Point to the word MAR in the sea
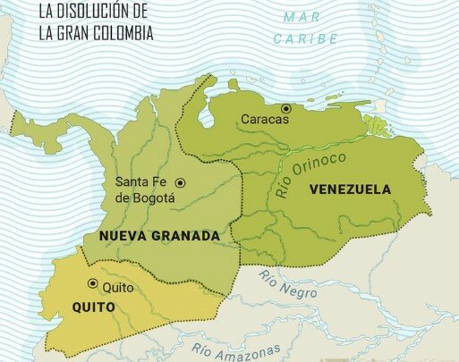click(x=302, y=17)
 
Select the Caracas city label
click(x=264, y=119)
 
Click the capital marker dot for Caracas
click(x=286, y=108)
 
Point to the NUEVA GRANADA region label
click(x=152, y=236)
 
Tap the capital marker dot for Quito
click(x=92, y=284)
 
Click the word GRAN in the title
click(x=73, y=32)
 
